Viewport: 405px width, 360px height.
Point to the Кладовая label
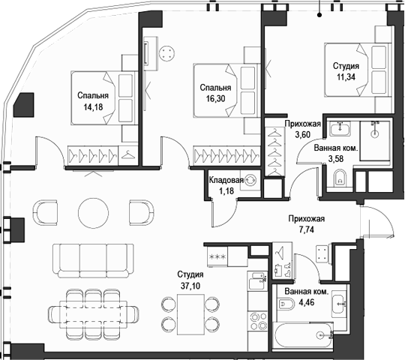point(226,181)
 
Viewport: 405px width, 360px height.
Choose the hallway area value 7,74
point(307,232)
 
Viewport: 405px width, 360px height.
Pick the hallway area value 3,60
point(304,135)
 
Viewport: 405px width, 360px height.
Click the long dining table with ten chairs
point(94,309)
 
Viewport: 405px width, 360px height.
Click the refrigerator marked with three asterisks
point(217,256)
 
